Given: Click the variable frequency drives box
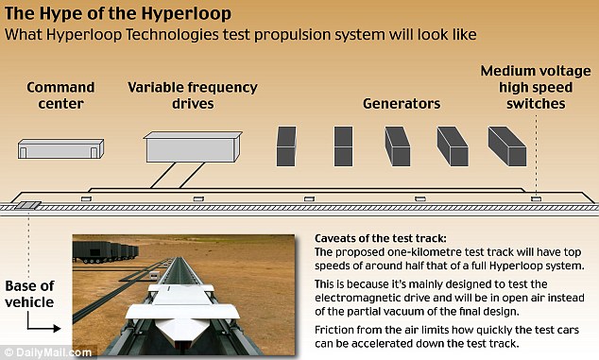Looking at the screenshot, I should click(x=192, y=148).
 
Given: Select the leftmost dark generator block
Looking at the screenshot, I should click(x=287, y=147).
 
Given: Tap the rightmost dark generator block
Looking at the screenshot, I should click(x=506, y=146).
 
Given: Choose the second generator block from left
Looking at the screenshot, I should click(x=344, y=147).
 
